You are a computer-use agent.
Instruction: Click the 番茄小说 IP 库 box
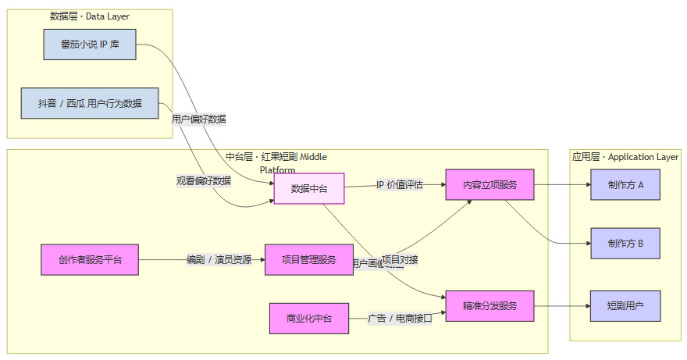click(90, 45)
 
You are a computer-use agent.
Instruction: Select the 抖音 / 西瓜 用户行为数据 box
click(90, 103)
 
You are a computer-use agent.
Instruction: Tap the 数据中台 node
click(309, 188)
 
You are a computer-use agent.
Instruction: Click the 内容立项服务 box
click(489, 185)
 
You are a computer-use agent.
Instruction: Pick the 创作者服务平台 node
click(90, 260)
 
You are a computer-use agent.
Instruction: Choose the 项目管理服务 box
click(308, 260)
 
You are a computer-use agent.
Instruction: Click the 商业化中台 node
click(309, 319)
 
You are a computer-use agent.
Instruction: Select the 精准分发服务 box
click(489, 305)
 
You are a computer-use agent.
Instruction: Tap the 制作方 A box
click(625, 185)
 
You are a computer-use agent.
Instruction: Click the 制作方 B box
click(625, 244)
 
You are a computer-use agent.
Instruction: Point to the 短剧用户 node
click(625, 305)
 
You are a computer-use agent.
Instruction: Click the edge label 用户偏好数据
click(199, 119)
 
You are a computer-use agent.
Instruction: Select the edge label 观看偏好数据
click(204, 181)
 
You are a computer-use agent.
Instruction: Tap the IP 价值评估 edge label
click(399, 185)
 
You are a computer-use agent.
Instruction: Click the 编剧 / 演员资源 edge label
click(219, 260)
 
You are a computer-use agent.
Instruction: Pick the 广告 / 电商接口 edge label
click(400, 318)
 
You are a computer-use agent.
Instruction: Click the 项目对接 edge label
click(399, 259)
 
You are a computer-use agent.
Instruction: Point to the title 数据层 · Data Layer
click(90, 16)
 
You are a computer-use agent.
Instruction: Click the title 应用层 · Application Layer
click(625, 157)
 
